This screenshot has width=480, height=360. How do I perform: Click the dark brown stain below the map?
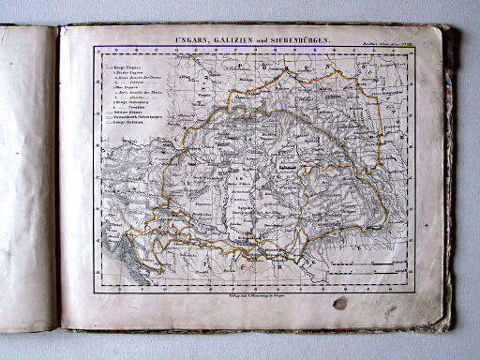point(339,303)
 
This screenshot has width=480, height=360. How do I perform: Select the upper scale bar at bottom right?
point(382,266)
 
